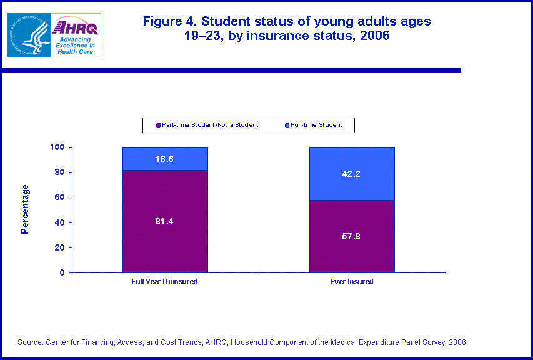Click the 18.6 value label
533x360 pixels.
pyautogui.click(x=165, y=159)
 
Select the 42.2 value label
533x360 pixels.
pyautogui.click(x=352, y=174)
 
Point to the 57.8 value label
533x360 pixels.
pyautogui.click(x=352, y=236)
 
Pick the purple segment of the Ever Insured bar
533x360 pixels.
pyautogui.click(x=352, y=250)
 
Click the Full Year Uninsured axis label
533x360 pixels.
pyautogui.click(x=165, y=282)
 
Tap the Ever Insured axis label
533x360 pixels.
pyautogui.click(x=352, y=282)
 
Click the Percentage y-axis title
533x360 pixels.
pyautogui.click(x=25, y=209)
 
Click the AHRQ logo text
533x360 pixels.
pyautogui.click(x=76, y=27)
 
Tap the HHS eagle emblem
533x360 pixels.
pyautogui.click(x=29, y=35)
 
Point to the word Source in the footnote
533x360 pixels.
pyautogui.click(x=29, y=342)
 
